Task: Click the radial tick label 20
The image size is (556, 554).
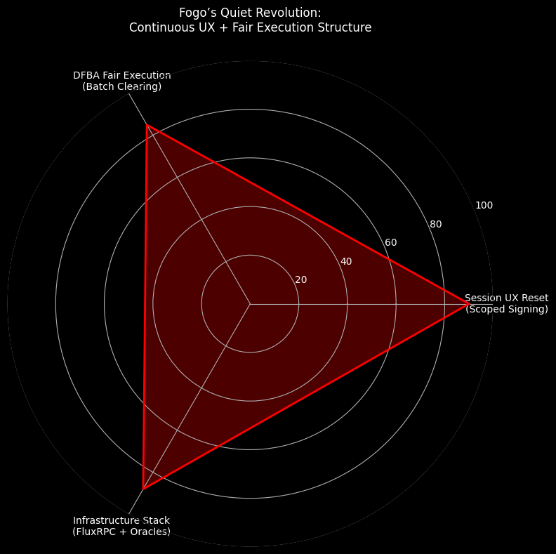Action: [300, 279]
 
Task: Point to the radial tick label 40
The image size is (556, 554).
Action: [345, 261]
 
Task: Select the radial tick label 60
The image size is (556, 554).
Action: [390, 242]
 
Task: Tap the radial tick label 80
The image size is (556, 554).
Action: [435, 224]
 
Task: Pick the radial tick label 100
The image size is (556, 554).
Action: [484, 205]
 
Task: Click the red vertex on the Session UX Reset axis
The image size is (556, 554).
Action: [468, 304]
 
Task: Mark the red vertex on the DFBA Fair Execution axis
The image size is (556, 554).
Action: [146, 125]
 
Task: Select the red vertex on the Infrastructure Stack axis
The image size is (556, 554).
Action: [143, 488]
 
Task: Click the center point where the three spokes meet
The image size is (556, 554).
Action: [250, 304]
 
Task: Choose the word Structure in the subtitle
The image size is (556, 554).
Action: [345, 28]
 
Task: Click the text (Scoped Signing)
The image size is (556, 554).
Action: [506, 309]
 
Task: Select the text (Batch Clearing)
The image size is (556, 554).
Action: [121, 86]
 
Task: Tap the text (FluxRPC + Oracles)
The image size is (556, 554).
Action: [121, 532]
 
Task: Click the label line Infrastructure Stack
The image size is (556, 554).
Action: [121, 520]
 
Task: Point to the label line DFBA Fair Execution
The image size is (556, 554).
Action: [121, 75]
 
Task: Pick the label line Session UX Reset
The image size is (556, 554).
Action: [506, 298]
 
